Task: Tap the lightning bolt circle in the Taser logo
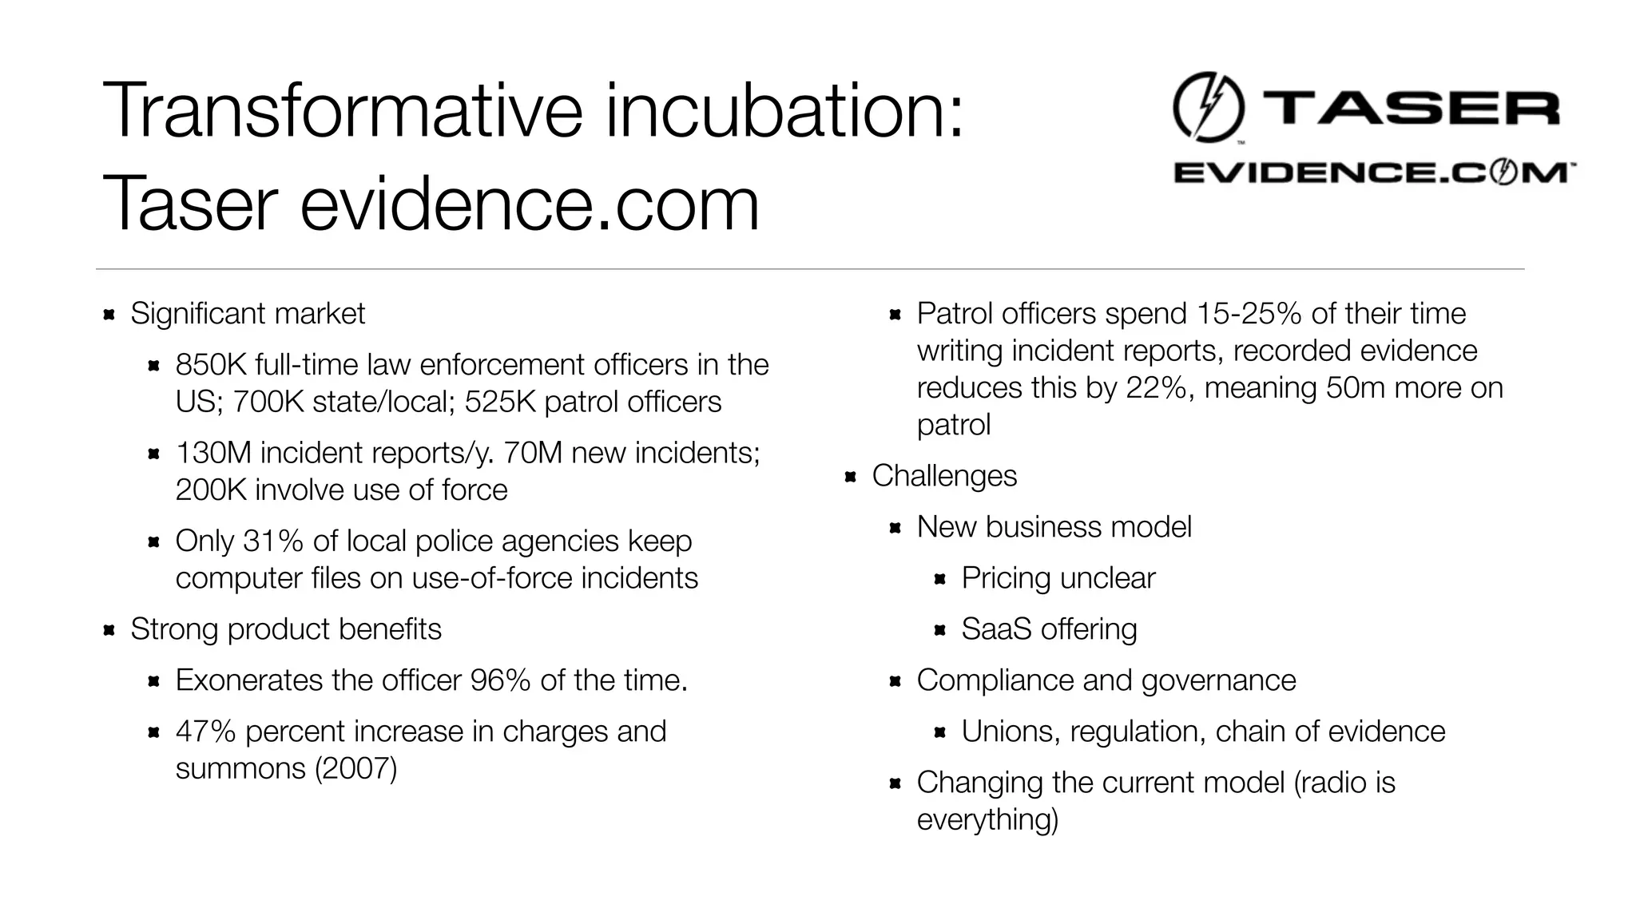1208,107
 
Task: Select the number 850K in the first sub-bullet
210,365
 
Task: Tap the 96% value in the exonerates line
500,680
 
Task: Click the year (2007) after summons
355,768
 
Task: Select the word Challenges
944,476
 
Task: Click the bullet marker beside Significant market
109,315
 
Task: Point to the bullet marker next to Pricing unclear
940,579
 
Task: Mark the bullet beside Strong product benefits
109,630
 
